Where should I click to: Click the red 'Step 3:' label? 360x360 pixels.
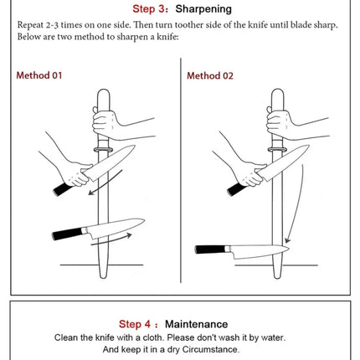click(151, 9)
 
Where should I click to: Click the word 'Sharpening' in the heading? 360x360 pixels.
click(203, 9)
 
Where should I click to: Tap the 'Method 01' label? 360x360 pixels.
click(39, 75)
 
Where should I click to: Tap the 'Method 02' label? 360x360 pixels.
click(210, 76)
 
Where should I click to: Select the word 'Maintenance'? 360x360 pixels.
click(197, 324)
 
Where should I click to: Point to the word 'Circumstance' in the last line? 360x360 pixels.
click(211, 349)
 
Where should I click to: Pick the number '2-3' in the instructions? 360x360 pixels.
click(52, 25)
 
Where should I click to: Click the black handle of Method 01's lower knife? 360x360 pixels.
click(67, 234)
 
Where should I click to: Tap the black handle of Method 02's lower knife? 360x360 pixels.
click(210, 249)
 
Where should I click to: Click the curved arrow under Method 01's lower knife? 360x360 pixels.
click(111, 239)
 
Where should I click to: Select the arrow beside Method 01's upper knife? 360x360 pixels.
click(105, 183)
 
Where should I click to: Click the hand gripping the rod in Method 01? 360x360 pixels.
click(106, 124)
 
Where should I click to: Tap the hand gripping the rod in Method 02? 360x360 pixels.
click(280, 124)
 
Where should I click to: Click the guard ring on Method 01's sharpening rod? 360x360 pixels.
click(103, 150)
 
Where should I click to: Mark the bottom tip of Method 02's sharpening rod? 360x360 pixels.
click(277, 278)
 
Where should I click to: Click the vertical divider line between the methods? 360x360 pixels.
click(181, 171)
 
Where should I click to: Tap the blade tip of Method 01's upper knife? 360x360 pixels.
click(135, 146)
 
